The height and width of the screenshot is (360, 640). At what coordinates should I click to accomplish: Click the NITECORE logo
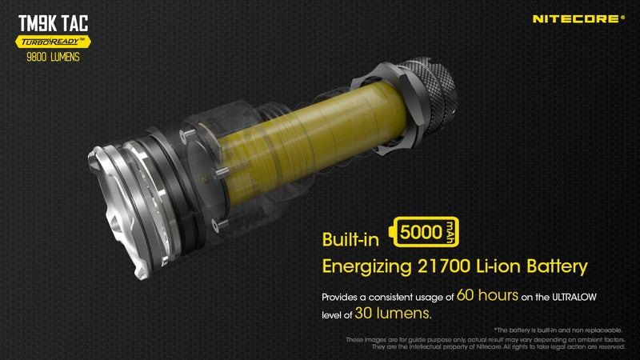[x=578, y=18]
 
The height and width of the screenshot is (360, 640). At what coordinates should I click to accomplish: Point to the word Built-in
[x=351, y=239]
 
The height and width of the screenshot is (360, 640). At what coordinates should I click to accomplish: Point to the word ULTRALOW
[x=570, y=297]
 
